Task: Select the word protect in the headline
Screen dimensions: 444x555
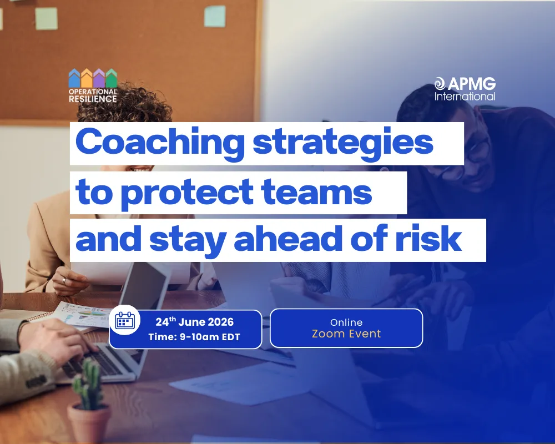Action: point(173,192)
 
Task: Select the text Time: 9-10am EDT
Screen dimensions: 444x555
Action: point(194,337)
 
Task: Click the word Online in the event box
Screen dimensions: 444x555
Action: point(346,322)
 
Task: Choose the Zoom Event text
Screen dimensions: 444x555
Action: point(346,334)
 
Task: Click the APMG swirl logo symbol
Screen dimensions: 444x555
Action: point(440,84)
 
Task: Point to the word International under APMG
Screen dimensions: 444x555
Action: point(465,97)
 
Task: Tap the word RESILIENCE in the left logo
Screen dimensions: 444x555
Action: point(93,99)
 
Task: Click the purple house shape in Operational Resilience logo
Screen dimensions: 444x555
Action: point(99,78)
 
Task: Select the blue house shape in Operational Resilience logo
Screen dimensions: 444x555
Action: point(74,78)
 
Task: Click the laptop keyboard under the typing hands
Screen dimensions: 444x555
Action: point(83,361)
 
